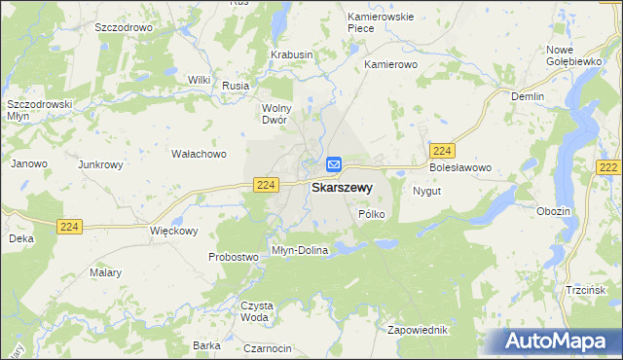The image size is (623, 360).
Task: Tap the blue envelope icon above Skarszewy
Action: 334,165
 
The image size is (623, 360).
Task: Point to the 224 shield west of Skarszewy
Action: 266,184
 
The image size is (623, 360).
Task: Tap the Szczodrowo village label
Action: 124,28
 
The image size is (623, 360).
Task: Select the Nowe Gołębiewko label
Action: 572,55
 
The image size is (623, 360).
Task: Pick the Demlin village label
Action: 528,96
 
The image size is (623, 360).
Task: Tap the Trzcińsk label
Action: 585,290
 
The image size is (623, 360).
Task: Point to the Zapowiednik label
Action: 420,330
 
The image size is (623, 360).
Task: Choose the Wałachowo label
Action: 199,154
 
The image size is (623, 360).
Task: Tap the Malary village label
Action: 106,272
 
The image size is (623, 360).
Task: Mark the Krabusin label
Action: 292,55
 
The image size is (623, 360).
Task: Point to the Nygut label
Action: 427,191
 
